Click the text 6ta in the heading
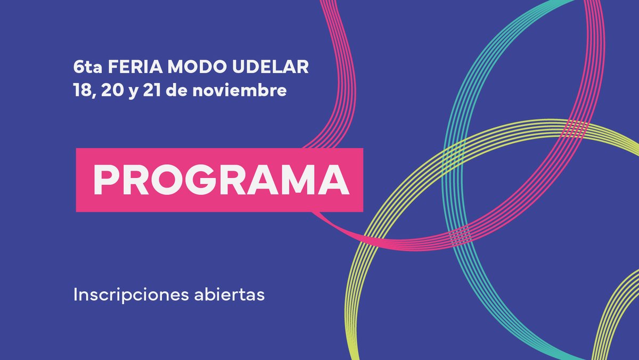tap(88, 68)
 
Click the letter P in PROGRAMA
tap(105, 180)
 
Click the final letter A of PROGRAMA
tap(337, 180)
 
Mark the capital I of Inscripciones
tap(76, 294)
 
